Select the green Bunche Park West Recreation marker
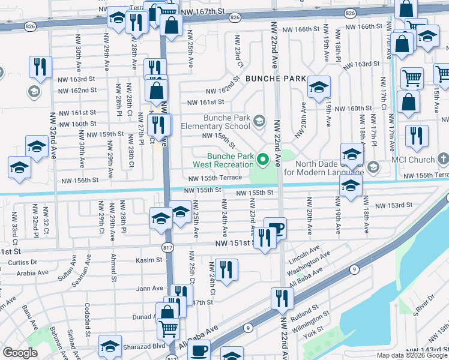click(262, 160)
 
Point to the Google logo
click(20, 353)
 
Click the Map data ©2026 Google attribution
click(412, 355)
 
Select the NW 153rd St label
click(394, 205)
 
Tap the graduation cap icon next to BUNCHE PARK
click(319, 86)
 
